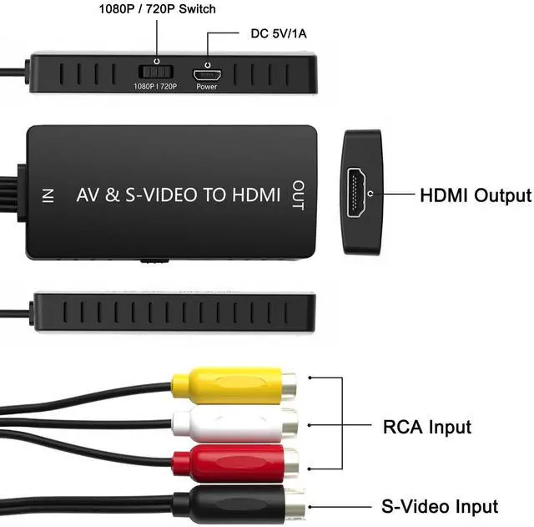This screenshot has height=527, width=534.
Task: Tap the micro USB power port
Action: [x=205, y=73]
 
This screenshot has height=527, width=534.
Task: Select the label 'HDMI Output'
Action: [x=474, y=196]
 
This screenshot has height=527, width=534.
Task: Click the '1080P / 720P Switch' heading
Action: [x=157, y=9]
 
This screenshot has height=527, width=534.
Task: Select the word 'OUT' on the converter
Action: [x=297, y=195]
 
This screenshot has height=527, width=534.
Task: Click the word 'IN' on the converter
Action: [x=48, y=195]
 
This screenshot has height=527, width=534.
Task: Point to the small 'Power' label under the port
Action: [x=206, y=86]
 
